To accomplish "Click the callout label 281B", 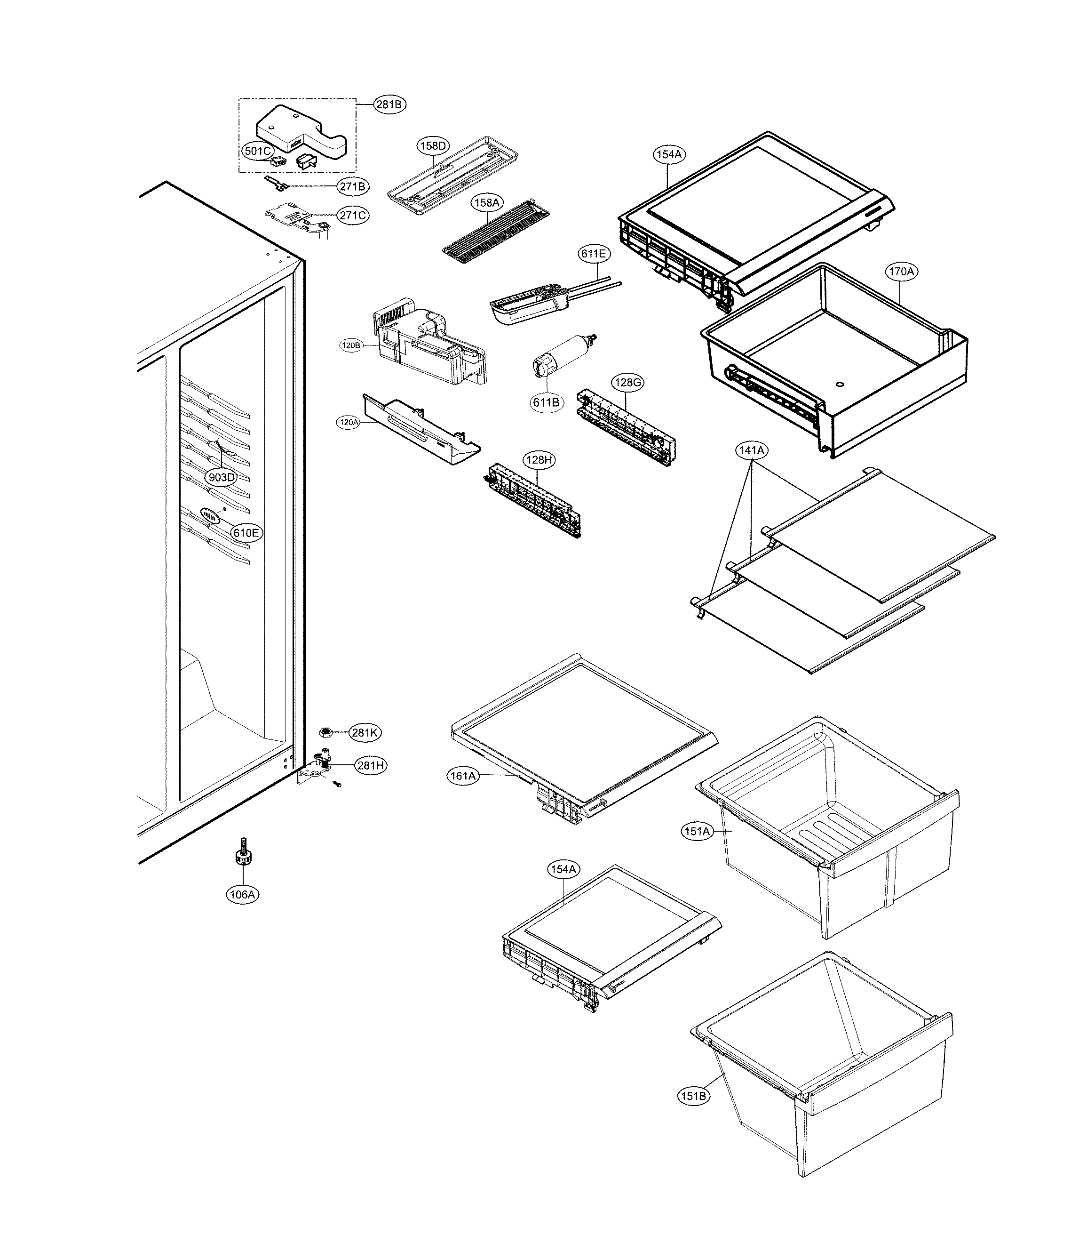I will click(x=389, y=104).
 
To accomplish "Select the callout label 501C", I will click(x=257, y=151).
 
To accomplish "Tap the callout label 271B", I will click(x=352, y=186).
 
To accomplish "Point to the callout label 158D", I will click(x=433, y=145).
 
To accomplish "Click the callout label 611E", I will click(x=593, y=254).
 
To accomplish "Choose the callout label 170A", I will click(x=901, y=272).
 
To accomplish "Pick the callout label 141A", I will click(x=752, y=450).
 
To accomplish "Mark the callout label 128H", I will click(x=539, y=460).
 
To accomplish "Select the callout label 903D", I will click(x=221, y=477).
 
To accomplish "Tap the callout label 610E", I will click(x=247, y=533).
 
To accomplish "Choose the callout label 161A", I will click(x=463, y=776).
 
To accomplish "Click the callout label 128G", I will click(x=627, y=383).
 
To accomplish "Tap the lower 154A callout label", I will click(x=563, y=869).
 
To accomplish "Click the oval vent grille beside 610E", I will click(x=210, y=516).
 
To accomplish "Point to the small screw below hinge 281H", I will click(x=337, y=785).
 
